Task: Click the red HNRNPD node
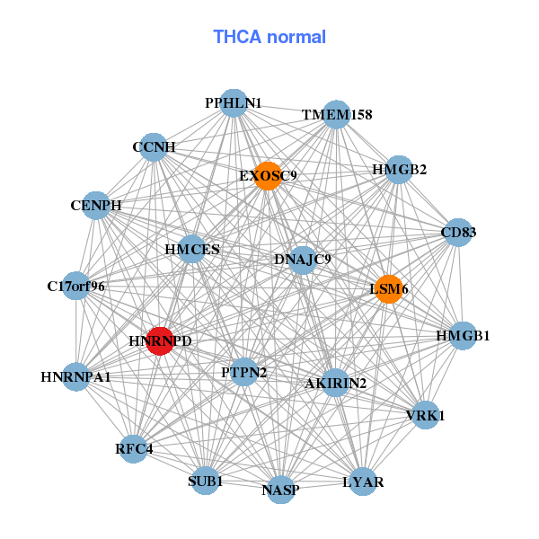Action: (160, 341)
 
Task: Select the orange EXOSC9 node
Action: (268, 176)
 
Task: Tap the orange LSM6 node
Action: (389, 289)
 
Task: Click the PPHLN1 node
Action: (234, 103)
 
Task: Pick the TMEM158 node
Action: (337, 114)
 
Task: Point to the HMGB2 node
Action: (399, 170)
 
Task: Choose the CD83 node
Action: (458, 233)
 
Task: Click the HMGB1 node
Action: (463, 336)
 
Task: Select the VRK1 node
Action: (426, 415)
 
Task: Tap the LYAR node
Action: (363, 482)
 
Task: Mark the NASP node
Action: (281, 490)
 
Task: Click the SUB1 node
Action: (205, 481)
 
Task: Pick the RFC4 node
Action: (133, 449)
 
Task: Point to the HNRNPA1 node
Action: (76, 376)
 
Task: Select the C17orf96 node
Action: (76, 286)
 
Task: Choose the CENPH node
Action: (96, 206)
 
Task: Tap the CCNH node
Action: (154, 147)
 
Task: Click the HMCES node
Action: (192, 249)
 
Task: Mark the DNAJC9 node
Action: (303, 261)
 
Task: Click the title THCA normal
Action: (269, 37)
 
